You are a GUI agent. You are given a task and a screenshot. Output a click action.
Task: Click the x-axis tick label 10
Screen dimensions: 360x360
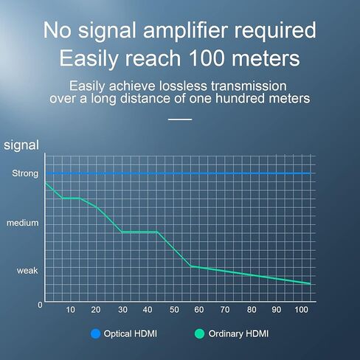coord(70,310)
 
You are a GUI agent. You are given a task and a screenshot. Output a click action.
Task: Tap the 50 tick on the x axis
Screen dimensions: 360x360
coord(174,310)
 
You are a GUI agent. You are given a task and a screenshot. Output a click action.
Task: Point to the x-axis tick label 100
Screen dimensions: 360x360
coord(301,310)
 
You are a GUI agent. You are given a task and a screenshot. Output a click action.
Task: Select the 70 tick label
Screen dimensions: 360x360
coord(225,310)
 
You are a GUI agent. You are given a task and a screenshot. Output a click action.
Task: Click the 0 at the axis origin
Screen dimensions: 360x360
coord(40,305)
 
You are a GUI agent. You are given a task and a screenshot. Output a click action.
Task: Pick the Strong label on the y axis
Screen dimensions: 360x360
coord(25,173)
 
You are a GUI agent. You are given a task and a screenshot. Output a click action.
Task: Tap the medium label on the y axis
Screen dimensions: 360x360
coord(23,223)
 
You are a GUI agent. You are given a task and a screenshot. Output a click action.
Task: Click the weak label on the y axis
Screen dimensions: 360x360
coord(27,271)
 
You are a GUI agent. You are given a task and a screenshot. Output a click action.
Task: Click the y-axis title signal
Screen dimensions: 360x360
coord(21,145)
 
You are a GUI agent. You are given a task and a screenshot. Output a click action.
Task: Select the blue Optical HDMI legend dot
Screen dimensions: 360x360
coord(95,333)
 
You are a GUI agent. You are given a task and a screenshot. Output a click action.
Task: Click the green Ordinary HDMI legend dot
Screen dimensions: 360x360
coord(199,333)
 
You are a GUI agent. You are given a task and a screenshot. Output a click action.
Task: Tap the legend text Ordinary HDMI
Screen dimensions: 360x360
coord(238,333)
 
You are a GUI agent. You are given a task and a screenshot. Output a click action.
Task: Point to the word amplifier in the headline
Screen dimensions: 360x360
coord(185,30)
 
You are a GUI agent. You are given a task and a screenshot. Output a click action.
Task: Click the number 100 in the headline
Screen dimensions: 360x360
coord(207,58)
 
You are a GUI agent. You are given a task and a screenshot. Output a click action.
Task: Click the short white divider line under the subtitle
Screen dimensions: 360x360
coord(180,120)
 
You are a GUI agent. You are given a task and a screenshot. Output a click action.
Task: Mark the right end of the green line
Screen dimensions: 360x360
coord(310,284)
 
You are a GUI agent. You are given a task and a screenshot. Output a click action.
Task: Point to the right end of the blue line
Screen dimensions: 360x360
coord(310,173)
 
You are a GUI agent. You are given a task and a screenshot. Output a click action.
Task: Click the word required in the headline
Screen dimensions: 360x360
coord(275,31)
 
